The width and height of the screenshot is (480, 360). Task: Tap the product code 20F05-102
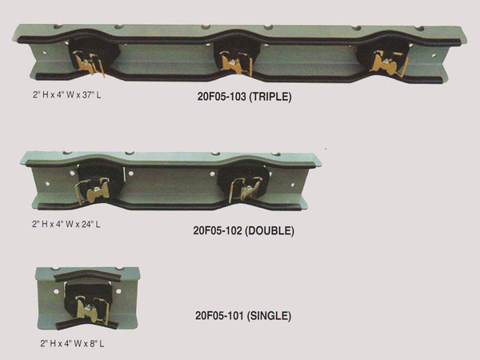[219, 230]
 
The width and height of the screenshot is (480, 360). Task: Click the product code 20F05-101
[221, 316]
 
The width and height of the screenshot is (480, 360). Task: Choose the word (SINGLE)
[270, 316]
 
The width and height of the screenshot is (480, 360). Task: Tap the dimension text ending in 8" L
[72, 343]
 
